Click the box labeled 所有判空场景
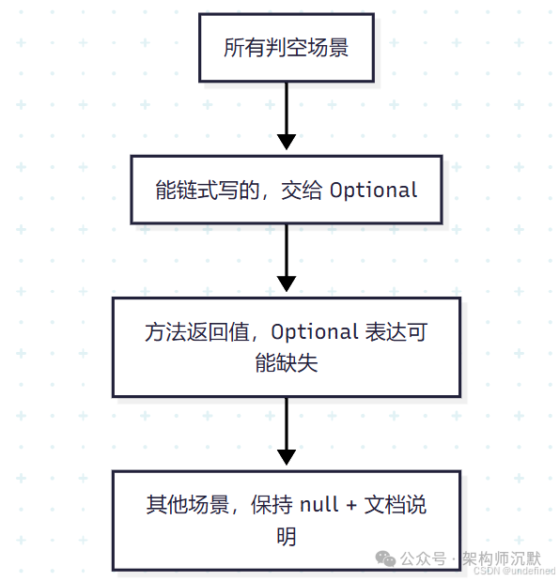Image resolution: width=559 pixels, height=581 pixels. (x=287, y=48)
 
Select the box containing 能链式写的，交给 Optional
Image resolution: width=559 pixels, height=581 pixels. (x=287, y=190)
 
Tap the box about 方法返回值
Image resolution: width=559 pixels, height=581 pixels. (x=287, y=346)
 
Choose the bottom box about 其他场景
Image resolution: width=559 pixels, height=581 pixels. (x=287, y=520)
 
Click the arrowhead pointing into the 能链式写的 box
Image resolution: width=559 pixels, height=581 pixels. (x=287, y=143)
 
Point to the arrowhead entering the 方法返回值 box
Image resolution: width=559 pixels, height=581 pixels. (x=287, y=283)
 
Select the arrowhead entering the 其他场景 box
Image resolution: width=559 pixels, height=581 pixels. (x=287, y=457)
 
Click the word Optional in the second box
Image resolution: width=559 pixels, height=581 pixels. (x=373, y=191)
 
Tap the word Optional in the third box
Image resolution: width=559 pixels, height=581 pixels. (x=316, y=331)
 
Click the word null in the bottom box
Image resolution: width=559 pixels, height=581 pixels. (x=319, y=505)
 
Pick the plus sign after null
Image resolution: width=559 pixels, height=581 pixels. (x=351, y=505)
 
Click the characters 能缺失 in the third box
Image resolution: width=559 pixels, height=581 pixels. (x=287, y=363)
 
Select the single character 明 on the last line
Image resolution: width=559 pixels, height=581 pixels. (x=287, y=537)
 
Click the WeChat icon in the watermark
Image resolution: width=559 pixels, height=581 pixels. (x=385, y=558)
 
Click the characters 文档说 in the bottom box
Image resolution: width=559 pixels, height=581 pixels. (x=396, y=505)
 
